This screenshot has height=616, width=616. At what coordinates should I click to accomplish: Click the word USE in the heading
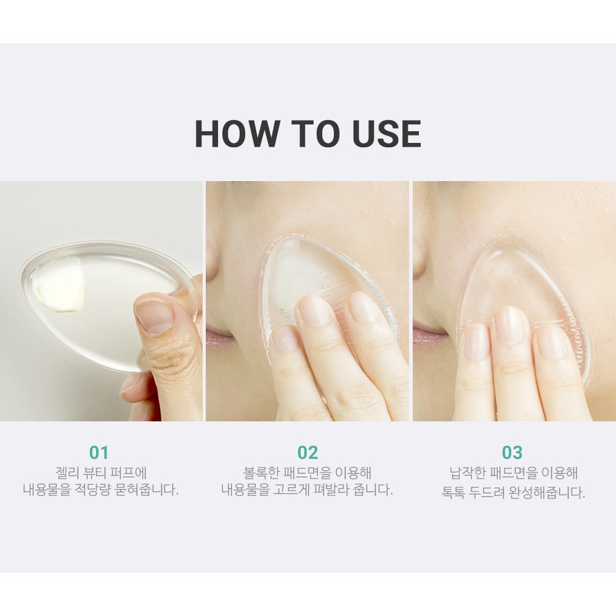[x=387, y=134]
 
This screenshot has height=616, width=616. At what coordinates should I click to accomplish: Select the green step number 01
[x=99, y=453]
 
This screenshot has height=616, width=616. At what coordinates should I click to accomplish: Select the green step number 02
[x=307, y=453]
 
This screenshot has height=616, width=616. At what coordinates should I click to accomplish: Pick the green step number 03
[x=513, y=453]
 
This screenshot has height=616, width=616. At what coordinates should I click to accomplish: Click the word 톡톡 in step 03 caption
[x=453, y=492]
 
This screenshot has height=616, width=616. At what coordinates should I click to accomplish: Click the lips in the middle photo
[x=220, y=337]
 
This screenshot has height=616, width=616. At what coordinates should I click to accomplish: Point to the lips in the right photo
[x=429, y=336]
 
